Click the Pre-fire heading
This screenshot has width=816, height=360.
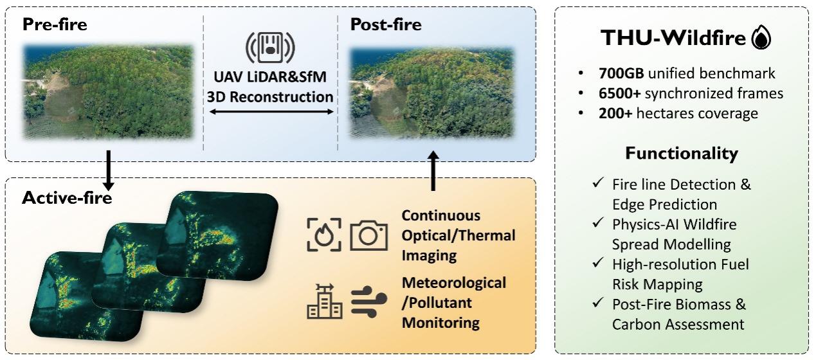click(x=55, y=24)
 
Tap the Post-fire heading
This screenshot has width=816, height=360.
click(x=386, y=24)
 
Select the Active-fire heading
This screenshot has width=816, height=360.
click(x=67, y=198)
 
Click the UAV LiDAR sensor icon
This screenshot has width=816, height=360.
click(x=270, y=48)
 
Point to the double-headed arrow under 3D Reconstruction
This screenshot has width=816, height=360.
click(x=271, y=111)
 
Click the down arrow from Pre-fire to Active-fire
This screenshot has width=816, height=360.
click(x=108, y=170)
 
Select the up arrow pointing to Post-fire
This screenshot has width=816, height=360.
click(x=433, y=170)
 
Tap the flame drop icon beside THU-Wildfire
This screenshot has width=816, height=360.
click(x=761, y=37)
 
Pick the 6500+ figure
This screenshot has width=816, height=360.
click(x=619, y=93)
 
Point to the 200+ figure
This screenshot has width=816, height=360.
click(x=615, y=113)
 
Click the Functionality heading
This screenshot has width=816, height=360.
click(x=682, y=153)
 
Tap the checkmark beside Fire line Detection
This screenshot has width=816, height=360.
click(x=598, y=182)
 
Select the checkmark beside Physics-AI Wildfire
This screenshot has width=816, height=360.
click(x=598, y=222)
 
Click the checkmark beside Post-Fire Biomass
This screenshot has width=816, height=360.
click(x=598, y=302)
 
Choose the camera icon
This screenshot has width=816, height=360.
click(x=368, y=235)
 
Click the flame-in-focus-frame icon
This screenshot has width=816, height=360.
click(x=324, y=235)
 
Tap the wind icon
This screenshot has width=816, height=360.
click(x=368, y=301)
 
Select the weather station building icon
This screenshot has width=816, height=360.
click(x=324, y=301)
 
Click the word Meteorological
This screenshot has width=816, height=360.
click(x=454, y=283)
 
